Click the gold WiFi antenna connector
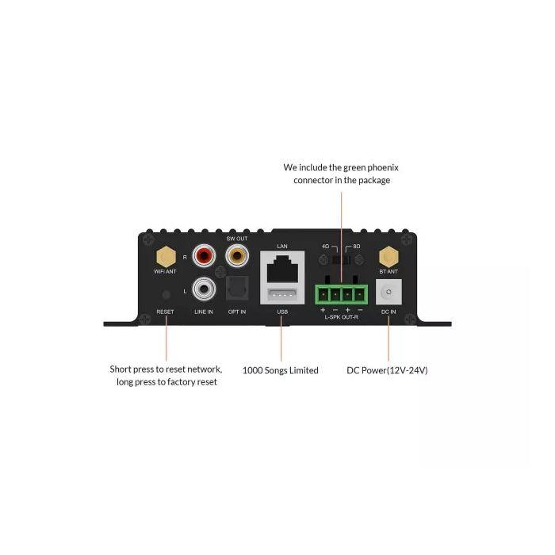(166, 256)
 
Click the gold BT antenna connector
(388, 256)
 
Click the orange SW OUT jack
(236, 256)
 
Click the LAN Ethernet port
(282, 268)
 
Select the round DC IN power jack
(388, 293)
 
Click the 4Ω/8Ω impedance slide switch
(342, 258)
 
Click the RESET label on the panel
(165, 312)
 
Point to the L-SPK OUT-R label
(343, 317)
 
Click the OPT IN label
(236, 312)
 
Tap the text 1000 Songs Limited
(281, 370)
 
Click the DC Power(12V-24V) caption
(388, 370)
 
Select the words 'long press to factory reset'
(167, 383)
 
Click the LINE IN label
(204, 312)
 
